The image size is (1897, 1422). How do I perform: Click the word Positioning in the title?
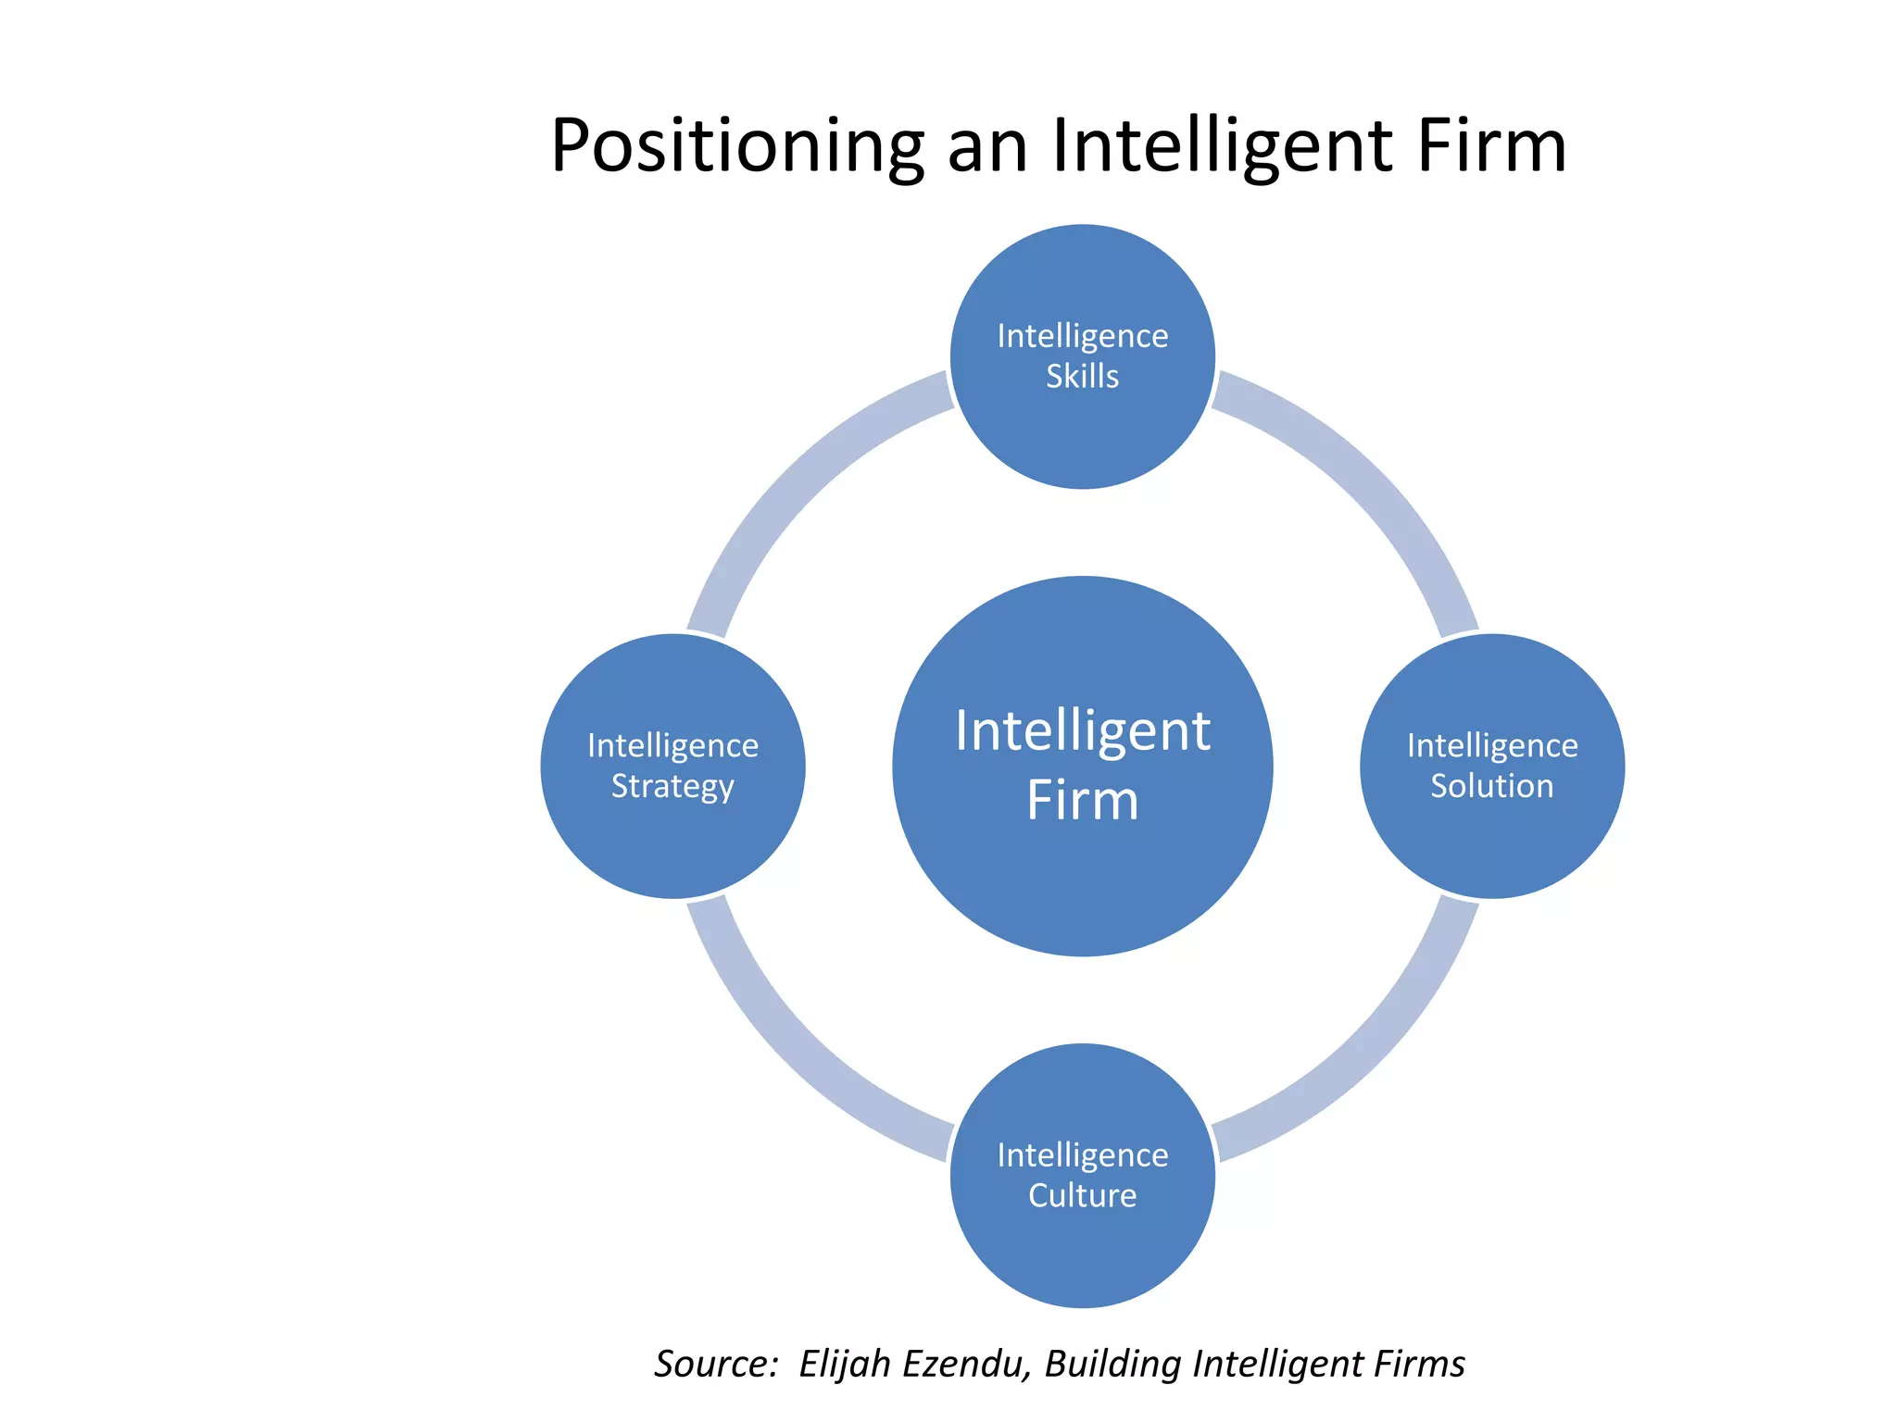737,146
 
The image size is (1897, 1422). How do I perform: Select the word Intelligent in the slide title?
1223,146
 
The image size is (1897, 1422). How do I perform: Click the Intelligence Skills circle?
1082,435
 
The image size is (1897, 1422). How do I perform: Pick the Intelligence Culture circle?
1082,1250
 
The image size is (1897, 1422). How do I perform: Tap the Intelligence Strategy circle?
672,842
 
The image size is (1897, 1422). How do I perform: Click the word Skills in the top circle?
1082,377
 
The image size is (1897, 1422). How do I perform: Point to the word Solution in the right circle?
1491,786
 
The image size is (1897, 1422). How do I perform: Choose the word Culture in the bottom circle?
1082,1195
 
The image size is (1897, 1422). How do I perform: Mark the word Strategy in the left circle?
672,786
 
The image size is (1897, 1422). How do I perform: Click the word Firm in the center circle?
1082,800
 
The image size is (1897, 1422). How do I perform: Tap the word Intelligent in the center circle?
1082,730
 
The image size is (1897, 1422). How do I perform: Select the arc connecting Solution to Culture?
1371,1055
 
